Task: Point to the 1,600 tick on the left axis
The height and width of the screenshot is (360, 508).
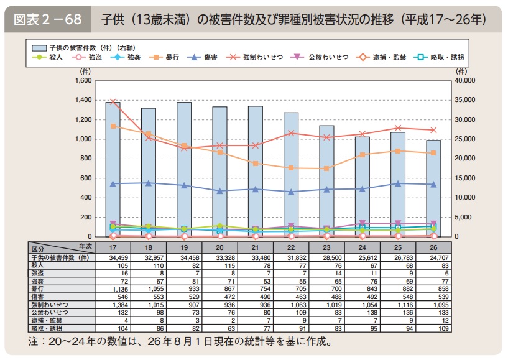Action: coord(83,81)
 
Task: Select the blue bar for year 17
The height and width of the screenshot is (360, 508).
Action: coord(113,169)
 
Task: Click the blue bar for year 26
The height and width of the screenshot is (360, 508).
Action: coord(433,188)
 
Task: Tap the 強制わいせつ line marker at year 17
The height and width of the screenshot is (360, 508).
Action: coord(113,102)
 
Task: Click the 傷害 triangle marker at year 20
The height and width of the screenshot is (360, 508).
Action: coord(220,191)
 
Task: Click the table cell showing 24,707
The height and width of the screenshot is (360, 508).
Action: coord(433,257)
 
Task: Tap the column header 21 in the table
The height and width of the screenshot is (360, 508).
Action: coord(256,247)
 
